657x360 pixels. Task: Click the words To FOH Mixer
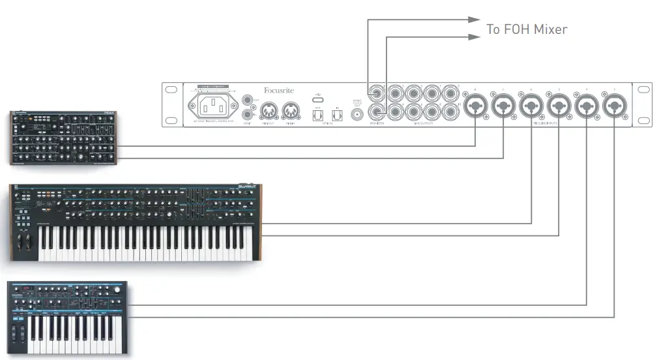click(527, 29)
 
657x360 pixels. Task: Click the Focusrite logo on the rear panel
click(280, 91)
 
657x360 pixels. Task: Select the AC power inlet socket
click(212, 106)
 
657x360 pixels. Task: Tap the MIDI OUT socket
click(268, 109)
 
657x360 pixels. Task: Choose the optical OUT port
click(317, 115)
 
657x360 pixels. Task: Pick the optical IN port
click(337, 115)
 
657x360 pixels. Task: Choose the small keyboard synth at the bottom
click(68, 318)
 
